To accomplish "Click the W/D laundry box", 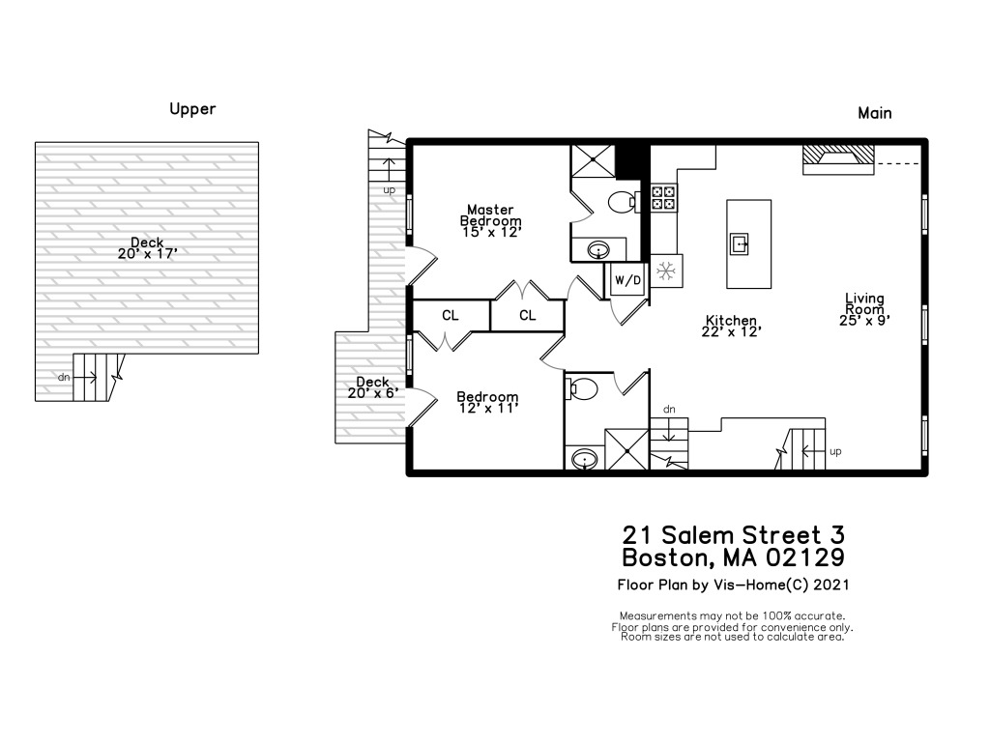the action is pos(627,279).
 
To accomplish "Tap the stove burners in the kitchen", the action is pos(663,197).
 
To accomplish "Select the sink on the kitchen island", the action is pos(740,243).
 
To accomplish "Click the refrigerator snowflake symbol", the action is pos(665,271).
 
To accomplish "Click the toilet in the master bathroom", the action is pos(624,201).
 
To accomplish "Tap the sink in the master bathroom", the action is pos(598,250).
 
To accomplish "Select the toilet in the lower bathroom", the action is pos(582,388).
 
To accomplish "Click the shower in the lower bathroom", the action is pos(626,450).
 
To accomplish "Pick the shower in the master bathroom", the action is pos(593,161).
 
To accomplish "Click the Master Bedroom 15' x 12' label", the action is pos(490,220).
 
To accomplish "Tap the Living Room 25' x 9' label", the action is pos(864,308).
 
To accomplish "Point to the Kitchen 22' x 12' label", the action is pos(731,326).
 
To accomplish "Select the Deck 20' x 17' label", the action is pos(147,248).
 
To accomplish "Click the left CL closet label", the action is pos(451,315).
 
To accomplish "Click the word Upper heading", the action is pos(192,110).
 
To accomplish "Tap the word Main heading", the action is pos(874,113).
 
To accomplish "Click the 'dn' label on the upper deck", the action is pos(64,378).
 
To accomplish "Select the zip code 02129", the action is pos(805,557).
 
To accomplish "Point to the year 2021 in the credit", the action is pos(830,585).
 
